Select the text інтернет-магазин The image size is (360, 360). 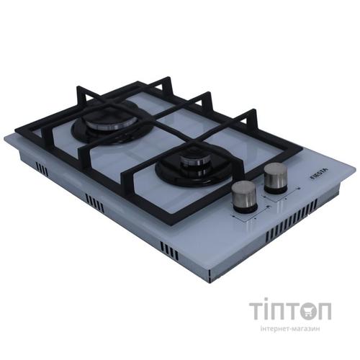tap(290, 328)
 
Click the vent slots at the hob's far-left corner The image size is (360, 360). tap(42, 168)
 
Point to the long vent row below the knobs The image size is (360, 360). tap(292, 220)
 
